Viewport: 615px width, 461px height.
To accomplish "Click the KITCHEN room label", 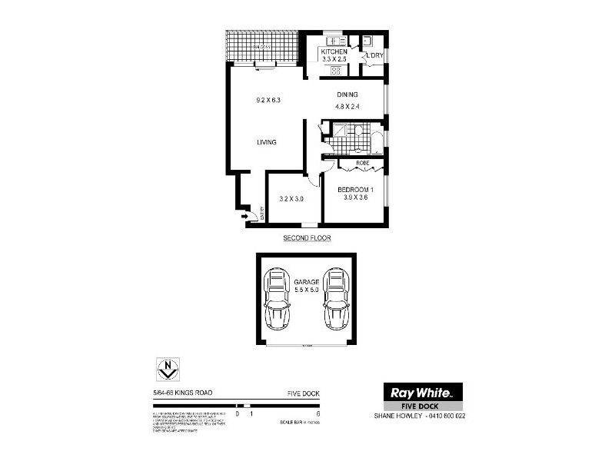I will [x=334, y=51].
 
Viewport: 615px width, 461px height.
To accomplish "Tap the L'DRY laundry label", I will [x=374, y=56].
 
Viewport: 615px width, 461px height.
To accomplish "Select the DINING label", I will [x=347, y=95].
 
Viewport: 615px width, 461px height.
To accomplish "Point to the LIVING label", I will [x=267, y=142].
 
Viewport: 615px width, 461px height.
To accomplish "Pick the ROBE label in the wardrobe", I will [x=363, y=164].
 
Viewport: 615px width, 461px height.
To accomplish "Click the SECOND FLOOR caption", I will [x=307, y=238].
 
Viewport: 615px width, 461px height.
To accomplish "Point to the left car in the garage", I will [x=276, y=299].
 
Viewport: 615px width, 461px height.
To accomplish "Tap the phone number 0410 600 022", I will [x=444, y=416].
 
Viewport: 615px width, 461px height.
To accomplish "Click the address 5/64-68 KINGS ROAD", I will [x=183, y=393].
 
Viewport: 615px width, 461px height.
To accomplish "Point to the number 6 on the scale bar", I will [x=317, y=414].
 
